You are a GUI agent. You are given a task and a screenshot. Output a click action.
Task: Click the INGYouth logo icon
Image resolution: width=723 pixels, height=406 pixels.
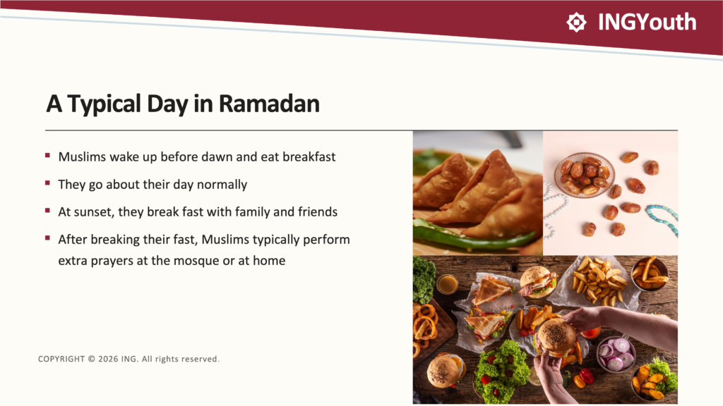576,22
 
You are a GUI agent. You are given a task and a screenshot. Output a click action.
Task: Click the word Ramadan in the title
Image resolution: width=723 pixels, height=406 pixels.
269,104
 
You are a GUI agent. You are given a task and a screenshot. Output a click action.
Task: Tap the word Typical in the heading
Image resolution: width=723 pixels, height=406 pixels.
104,104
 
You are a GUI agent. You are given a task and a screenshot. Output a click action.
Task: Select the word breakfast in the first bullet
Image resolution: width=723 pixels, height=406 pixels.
309,156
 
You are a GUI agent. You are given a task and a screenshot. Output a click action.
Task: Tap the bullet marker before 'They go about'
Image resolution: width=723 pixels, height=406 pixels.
47,183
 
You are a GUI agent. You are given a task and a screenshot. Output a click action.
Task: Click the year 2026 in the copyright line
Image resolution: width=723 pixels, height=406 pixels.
108,359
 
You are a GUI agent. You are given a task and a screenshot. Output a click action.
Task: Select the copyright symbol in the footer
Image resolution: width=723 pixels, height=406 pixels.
91,359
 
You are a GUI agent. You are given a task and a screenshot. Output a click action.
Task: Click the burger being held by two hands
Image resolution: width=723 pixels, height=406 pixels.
556,338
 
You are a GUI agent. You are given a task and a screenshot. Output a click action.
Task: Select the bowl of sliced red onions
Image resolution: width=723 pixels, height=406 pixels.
616,354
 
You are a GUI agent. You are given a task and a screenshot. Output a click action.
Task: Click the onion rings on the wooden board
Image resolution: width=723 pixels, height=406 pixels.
425,324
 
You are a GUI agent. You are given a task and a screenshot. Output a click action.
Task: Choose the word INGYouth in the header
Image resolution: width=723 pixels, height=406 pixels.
647,22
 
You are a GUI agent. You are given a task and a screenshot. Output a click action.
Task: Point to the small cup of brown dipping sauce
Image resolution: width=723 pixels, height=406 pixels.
447,284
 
